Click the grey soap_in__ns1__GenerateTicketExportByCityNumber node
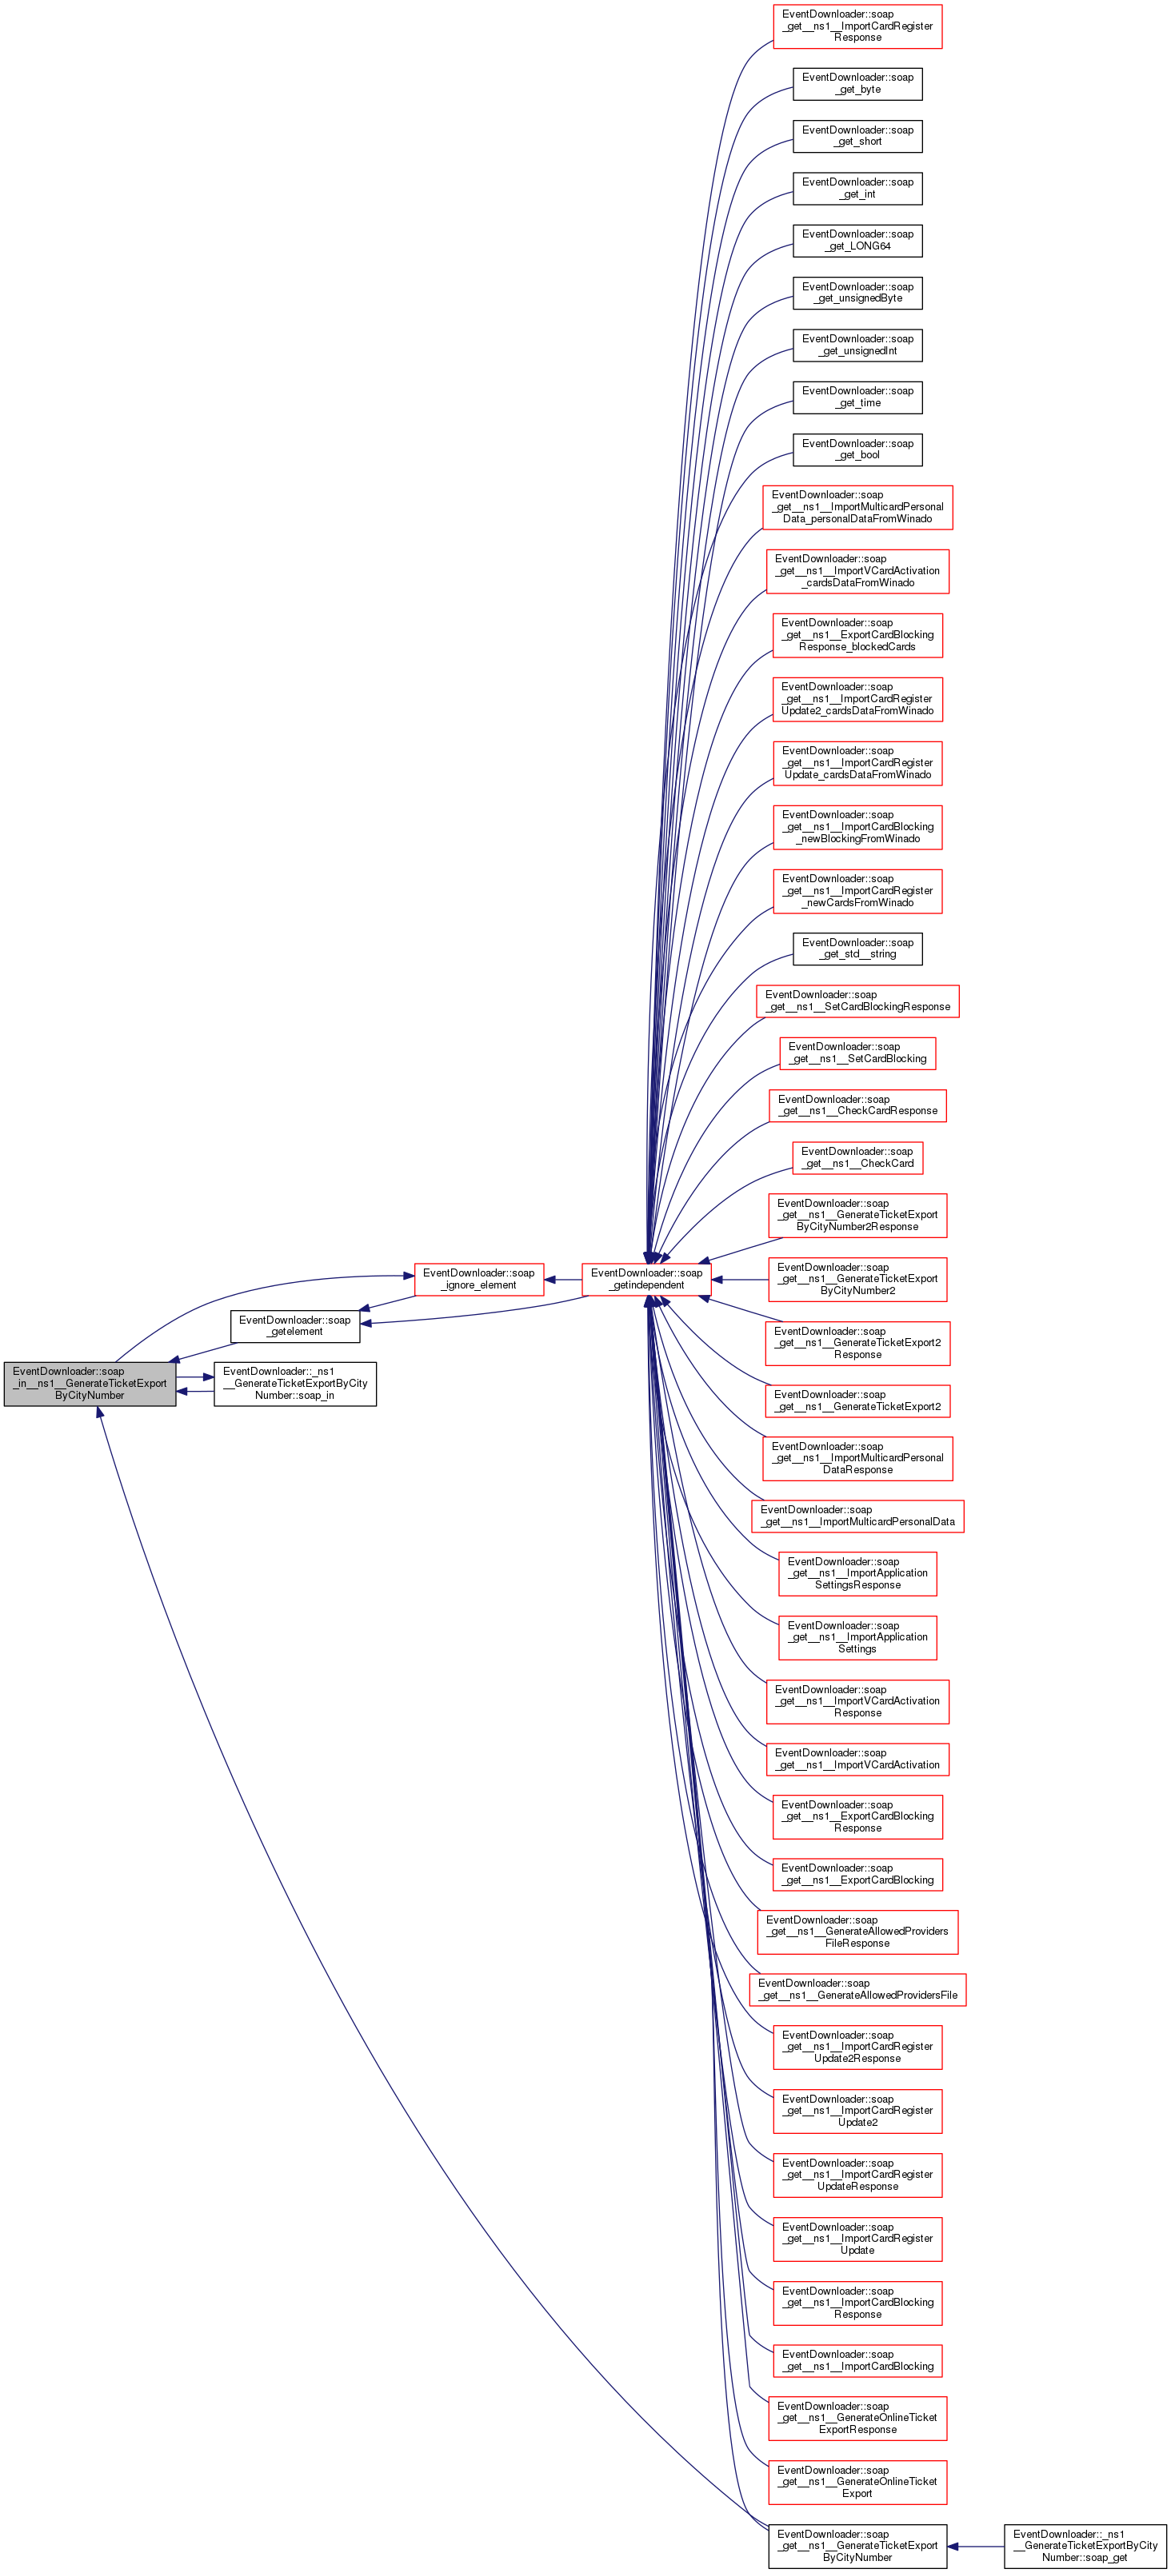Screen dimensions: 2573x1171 (x=90, y=1384)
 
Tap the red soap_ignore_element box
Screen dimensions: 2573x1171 (x=478, y=1279)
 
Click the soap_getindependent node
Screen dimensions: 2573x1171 (x=646, y=1279)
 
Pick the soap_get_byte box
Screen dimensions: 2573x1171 (x=857, y=84)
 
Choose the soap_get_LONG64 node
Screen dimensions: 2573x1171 (x=857, y=241)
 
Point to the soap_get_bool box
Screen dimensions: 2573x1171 (x=857, y=449)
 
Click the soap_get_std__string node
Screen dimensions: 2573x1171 (x=857, y=949)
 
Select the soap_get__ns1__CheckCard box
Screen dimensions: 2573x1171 (x=857, y=1157)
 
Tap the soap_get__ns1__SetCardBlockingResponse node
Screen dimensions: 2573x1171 (x=857, y=1001)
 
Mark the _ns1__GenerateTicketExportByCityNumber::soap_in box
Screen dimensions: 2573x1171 (x=294, y=1384)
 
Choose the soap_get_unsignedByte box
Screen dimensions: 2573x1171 (x=857, y=293)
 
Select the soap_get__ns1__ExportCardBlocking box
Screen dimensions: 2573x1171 (x=857, y=1874)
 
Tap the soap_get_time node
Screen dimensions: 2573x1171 (x=857, y=398)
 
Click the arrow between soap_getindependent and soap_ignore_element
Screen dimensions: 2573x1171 (x=562, y=1279)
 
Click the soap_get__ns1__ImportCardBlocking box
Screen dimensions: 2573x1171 (x=857, y=2360)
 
